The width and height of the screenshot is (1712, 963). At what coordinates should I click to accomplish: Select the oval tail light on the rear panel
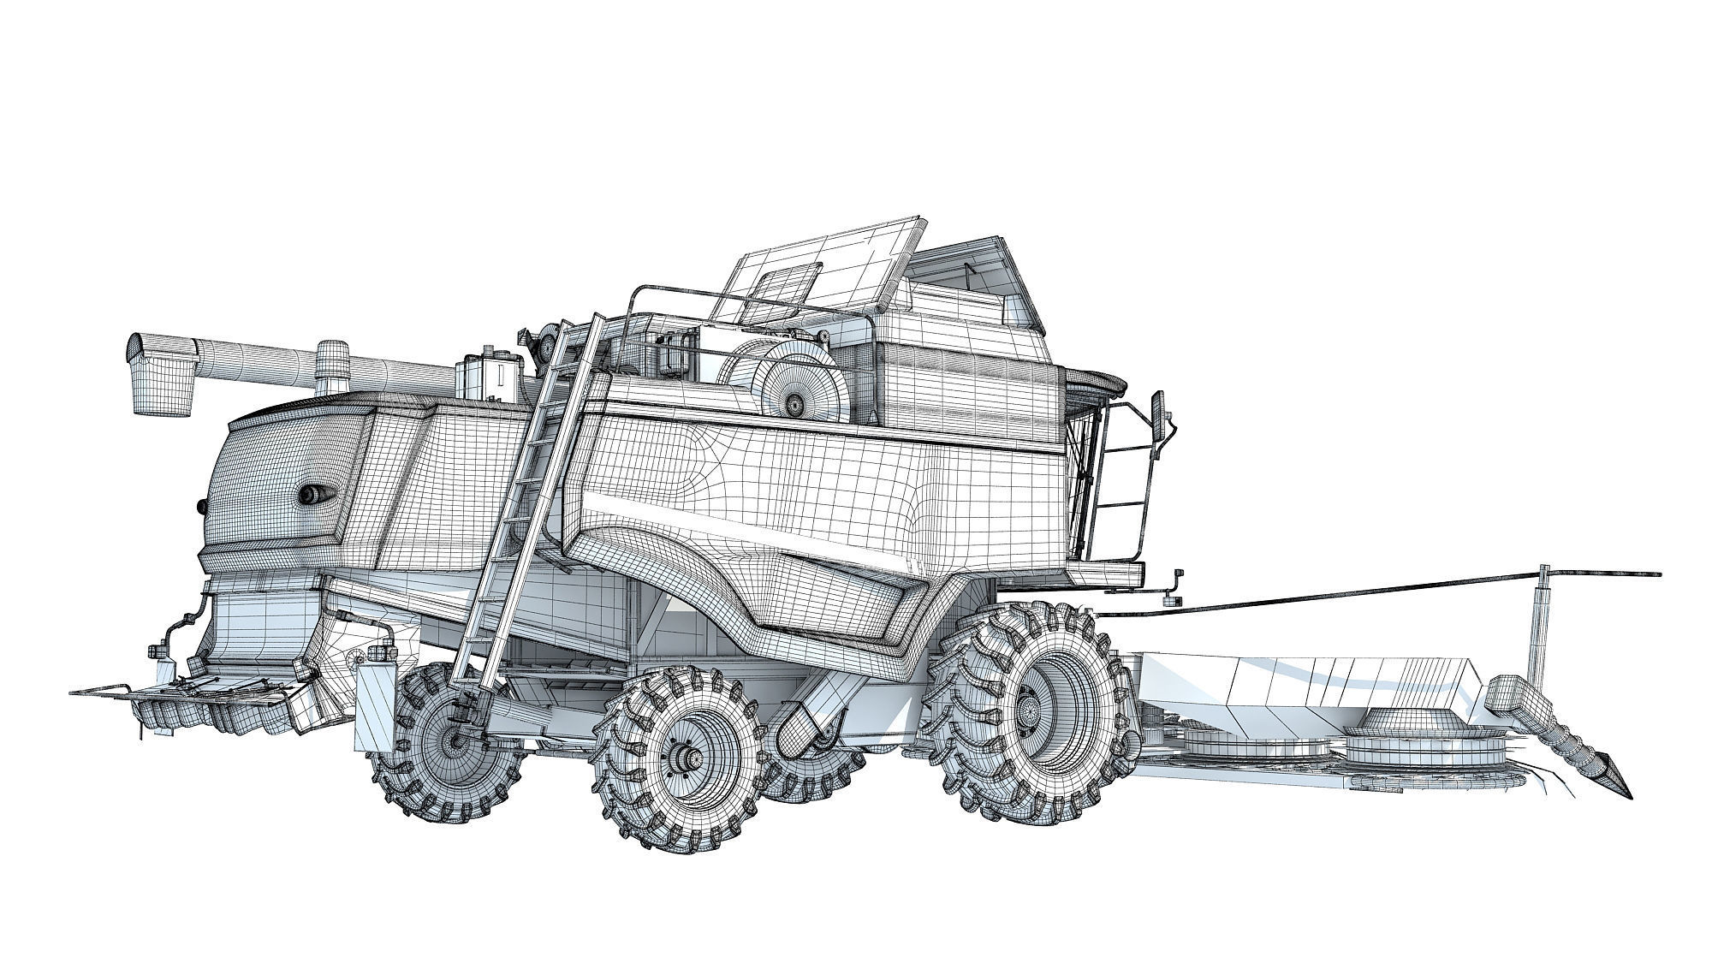(312, 493)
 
